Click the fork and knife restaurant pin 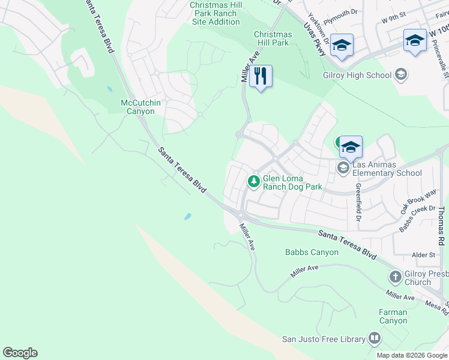pyautogui.click(x=261, y=76)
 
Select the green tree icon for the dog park pyautogui.click(x=254, y=181)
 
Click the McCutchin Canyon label pyautogui.click(x=141, y=107)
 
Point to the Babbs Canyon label pyautogui.click(x=312, y=252)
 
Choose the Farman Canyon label pyautogui.click(x=393, y=316)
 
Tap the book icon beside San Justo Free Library pyautogui.click(x=375, y=338)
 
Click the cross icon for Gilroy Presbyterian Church pyautogui.click(x=395, y=277)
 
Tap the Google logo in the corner pyautogui.click(x=20, y=353)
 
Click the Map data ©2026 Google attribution pyautogui.click(x=412, y=355)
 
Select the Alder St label pyautogui.click(x=424, y=255)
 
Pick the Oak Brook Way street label pyautogui.click(x=418, y=202)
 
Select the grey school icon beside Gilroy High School pyautogui.click(x=401, y=76)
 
